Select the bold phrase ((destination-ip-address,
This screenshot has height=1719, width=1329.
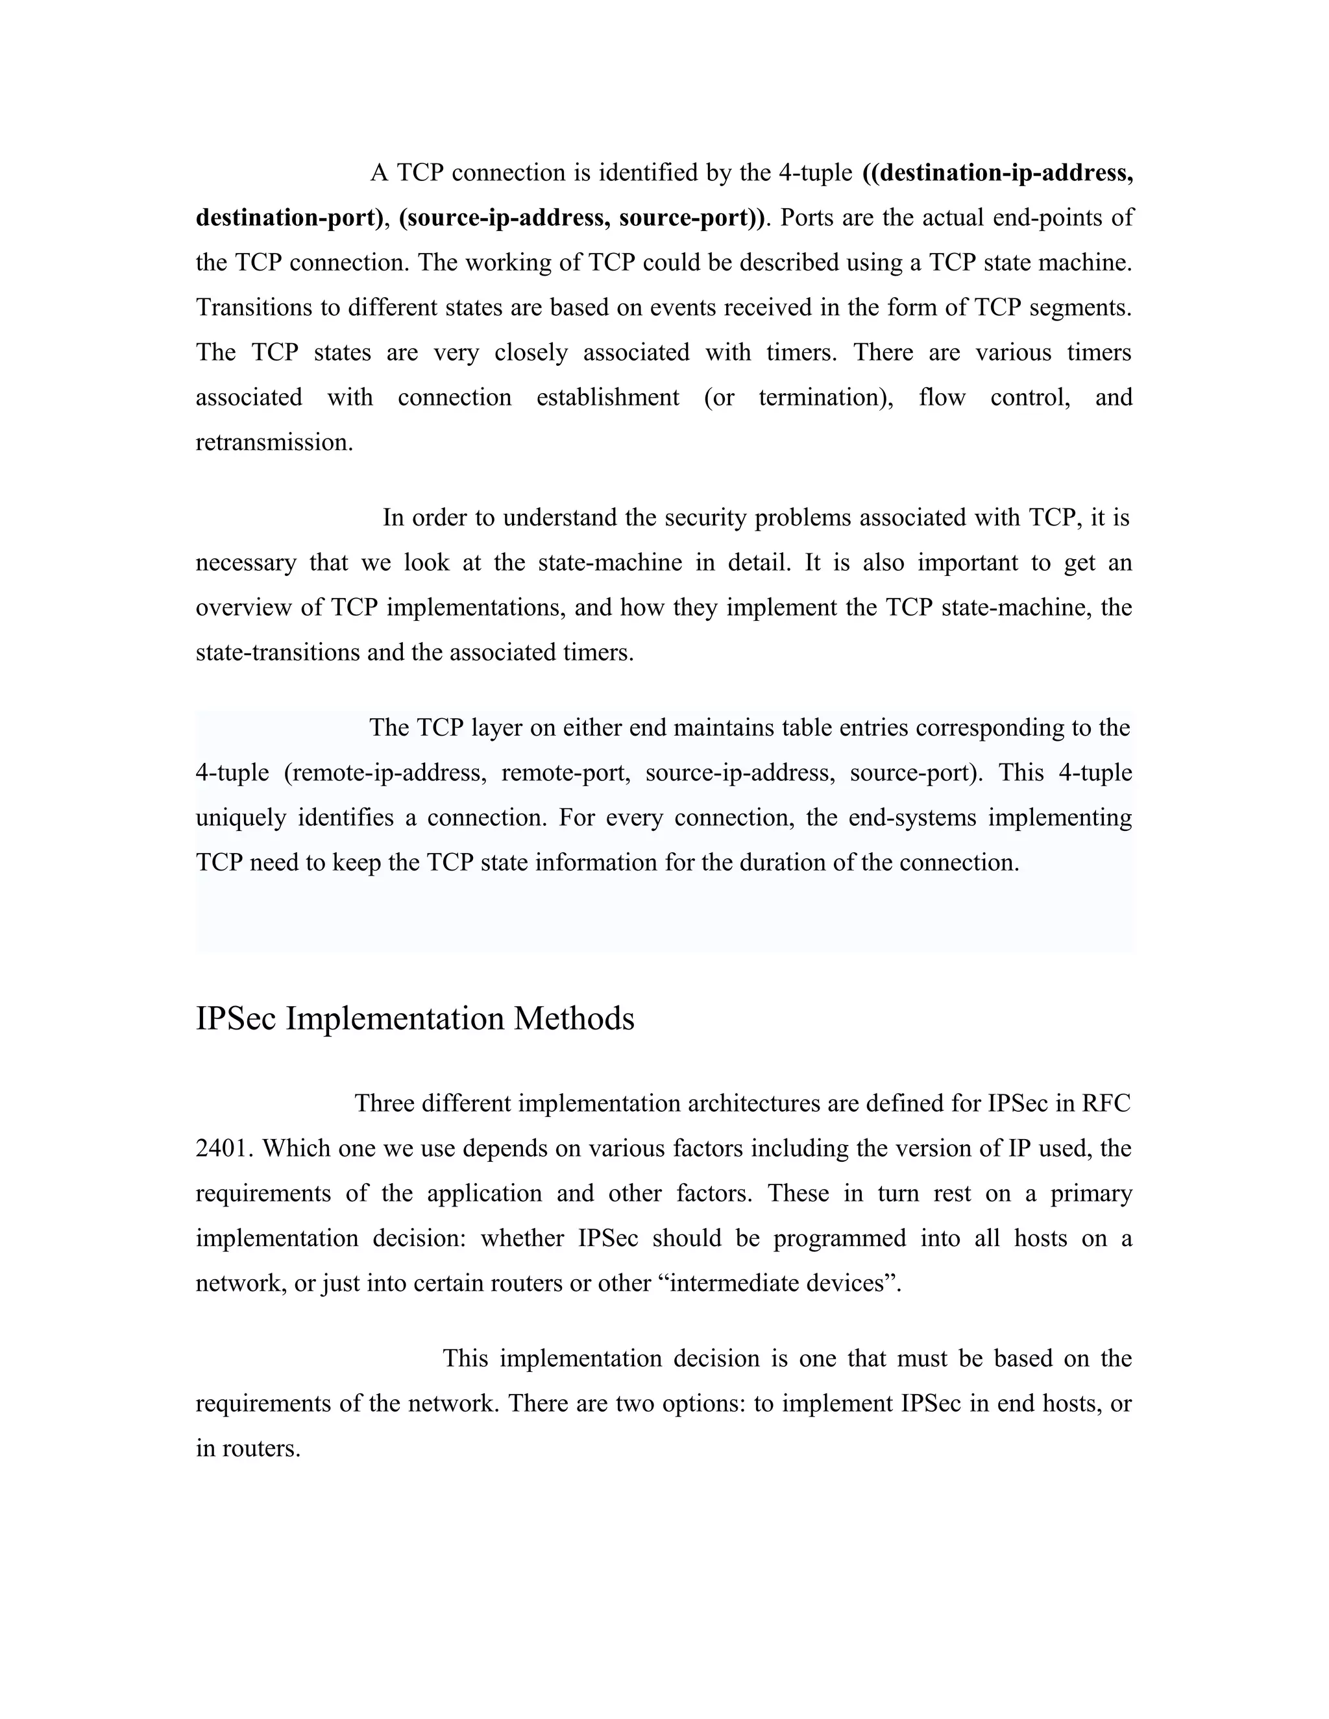997,173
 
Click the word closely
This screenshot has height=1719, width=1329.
531,352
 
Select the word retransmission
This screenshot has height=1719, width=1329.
274,442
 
